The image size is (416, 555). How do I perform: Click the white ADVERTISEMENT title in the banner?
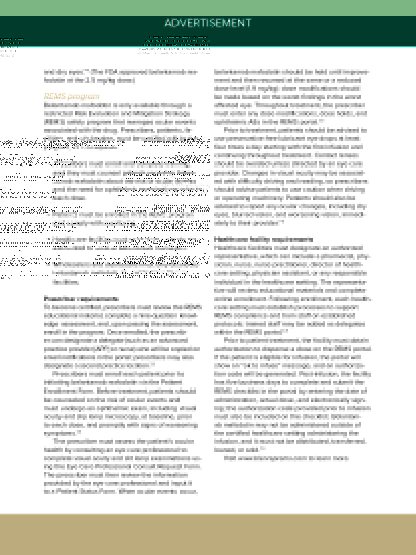click(208, 23)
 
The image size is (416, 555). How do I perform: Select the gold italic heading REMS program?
click(72, 96)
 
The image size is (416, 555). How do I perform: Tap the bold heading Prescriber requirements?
click(81, 298)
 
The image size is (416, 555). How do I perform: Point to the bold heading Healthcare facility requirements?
click(263, 239)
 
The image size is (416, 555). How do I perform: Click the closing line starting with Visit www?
click(286, 458)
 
